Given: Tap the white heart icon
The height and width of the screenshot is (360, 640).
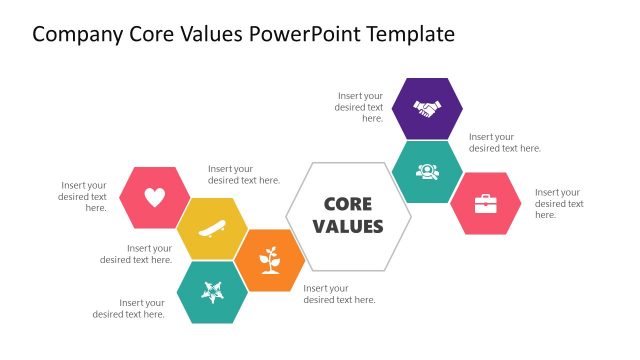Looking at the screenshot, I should point(155,198).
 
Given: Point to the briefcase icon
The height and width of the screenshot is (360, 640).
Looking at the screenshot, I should point(485,203).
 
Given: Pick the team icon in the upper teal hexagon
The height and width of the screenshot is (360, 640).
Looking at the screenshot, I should point(427,171).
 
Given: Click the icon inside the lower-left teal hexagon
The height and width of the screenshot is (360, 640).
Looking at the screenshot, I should point(212,292).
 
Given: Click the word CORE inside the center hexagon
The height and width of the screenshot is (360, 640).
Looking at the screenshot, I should point(348,204).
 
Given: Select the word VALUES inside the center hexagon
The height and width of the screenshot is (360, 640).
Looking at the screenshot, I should point(348,227).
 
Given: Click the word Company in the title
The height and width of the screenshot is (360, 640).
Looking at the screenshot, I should point(77,35).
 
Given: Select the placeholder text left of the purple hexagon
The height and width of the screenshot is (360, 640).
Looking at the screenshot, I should point(360,106).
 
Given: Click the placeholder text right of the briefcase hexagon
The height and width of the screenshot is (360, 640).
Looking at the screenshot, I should point(559,203).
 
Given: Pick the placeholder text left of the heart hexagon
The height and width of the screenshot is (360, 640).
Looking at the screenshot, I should point(84,196).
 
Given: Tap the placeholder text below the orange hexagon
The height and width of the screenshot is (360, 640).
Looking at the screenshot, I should point(340,294).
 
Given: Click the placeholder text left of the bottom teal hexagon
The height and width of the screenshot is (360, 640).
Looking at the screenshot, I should point(129,308).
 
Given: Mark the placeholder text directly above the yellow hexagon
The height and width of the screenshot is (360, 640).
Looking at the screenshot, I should point(244,175).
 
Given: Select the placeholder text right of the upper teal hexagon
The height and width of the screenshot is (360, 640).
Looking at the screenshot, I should point(505,142).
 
